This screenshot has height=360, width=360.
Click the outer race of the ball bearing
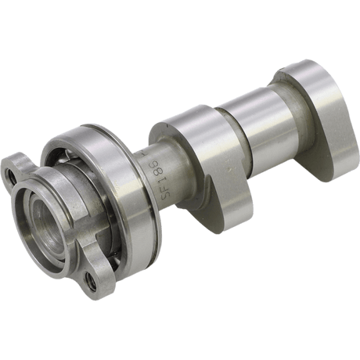[x=117, y=157]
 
